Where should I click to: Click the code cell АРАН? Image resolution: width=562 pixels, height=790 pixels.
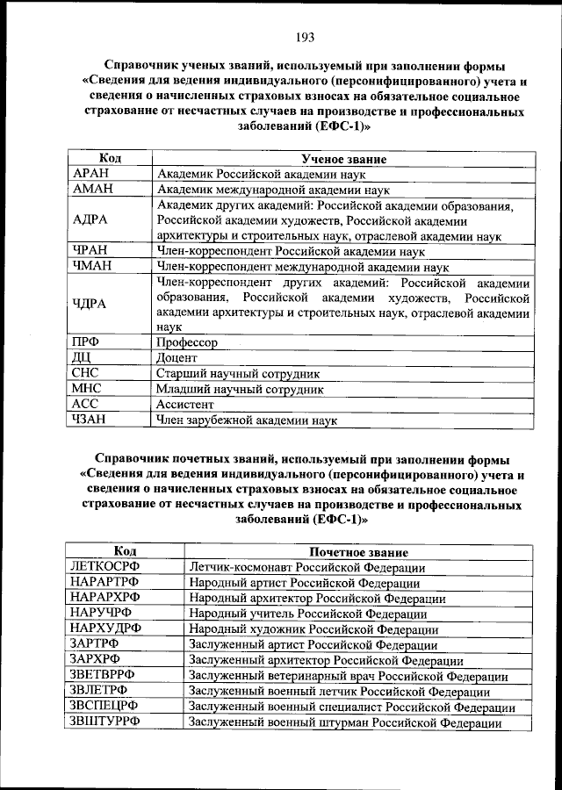point(90,174)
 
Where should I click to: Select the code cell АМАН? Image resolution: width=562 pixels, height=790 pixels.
point(91,189)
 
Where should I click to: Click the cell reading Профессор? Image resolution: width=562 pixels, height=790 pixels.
point(187,342)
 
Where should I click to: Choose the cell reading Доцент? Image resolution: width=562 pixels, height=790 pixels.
point(177,358)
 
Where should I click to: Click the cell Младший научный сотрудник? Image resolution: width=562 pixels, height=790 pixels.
point(240,389)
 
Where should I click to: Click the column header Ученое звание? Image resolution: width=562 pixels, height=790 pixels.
point(342,159)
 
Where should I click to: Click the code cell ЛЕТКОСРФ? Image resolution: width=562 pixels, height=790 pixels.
point(104,567)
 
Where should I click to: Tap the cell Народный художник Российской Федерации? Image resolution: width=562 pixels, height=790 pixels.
point(313,629)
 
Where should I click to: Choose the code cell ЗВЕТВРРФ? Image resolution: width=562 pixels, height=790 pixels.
point(104,676)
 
